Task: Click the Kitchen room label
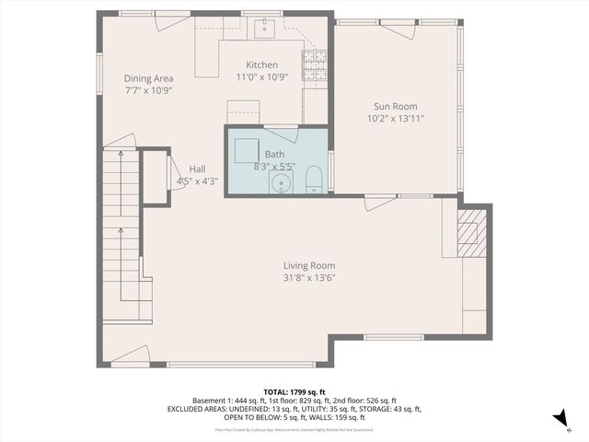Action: click(x=261, y=64)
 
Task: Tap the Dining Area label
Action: click(x=148, y=78)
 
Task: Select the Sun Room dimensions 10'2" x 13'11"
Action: click(x=395, y=118)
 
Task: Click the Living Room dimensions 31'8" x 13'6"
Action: click(x=308, y=277)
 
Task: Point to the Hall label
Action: click(x=197, y=169)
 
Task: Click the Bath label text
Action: click(x=274, y=154)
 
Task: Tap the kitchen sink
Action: click(x=263, y=29)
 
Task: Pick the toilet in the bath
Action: click(x=314, y=180)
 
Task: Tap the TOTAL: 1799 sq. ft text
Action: click(x=294, y=392)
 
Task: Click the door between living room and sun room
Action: click(x=379, y=203)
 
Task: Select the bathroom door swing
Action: click(x=281, y=126)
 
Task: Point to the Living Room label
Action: click(x=308, y=265)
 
